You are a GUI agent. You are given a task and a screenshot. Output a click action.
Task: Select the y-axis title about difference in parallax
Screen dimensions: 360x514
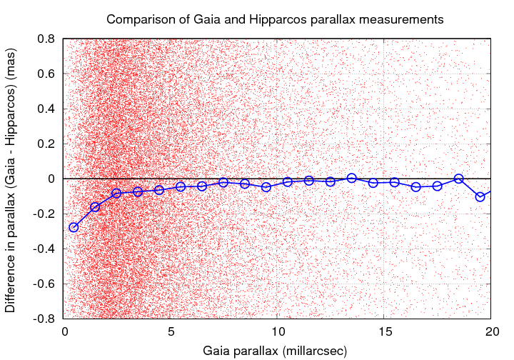pyautogui.click(x=11, y=179)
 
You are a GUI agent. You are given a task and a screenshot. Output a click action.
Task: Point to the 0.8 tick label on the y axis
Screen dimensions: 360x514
pyautogui.click(x=46, y=39)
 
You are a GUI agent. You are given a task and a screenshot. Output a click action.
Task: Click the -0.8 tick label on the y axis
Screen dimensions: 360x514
pyautogui.click(x=44, y=319)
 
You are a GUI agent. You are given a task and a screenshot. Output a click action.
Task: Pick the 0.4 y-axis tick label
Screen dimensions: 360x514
pyautogui.click(x=46, y=109)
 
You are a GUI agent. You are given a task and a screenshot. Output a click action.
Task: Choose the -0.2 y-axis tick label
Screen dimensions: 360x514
pyautogui.click(x=44, y=214)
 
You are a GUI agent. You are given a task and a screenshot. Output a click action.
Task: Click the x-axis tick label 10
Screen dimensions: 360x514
pyautogui.click(x=277, y=332)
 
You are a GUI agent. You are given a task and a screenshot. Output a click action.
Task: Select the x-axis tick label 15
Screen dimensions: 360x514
pyautogui.click(x=384, y=332)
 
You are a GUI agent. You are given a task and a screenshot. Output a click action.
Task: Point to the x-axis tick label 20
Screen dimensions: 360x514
pyautogui.click(x=491, y=332)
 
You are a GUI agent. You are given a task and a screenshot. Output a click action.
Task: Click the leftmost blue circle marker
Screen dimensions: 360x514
pyautogui.click(x=74, y=227)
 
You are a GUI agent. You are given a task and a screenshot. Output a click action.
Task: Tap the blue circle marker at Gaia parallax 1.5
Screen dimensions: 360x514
pyautogui.click(x=95, y=207)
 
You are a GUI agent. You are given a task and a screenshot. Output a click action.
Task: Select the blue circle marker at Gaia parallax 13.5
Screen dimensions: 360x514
pyautogui.click(x=352, y=178)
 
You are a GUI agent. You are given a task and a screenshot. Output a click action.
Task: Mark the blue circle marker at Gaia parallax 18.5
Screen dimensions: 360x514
pyautogui.click(x=459, y=179)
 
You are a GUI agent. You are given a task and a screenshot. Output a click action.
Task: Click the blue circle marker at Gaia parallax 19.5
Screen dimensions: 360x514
pyautogui.click(x=480, y=196)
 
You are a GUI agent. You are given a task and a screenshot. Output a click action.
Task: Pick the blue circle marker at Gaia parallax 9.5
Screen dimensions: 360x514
pyautogui.click(x=266, y=187)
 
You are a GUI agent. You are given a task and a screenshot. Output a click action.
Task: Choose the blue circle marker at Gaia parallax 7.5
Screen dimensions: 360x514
pyautogui.click(x=223, y=182)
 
